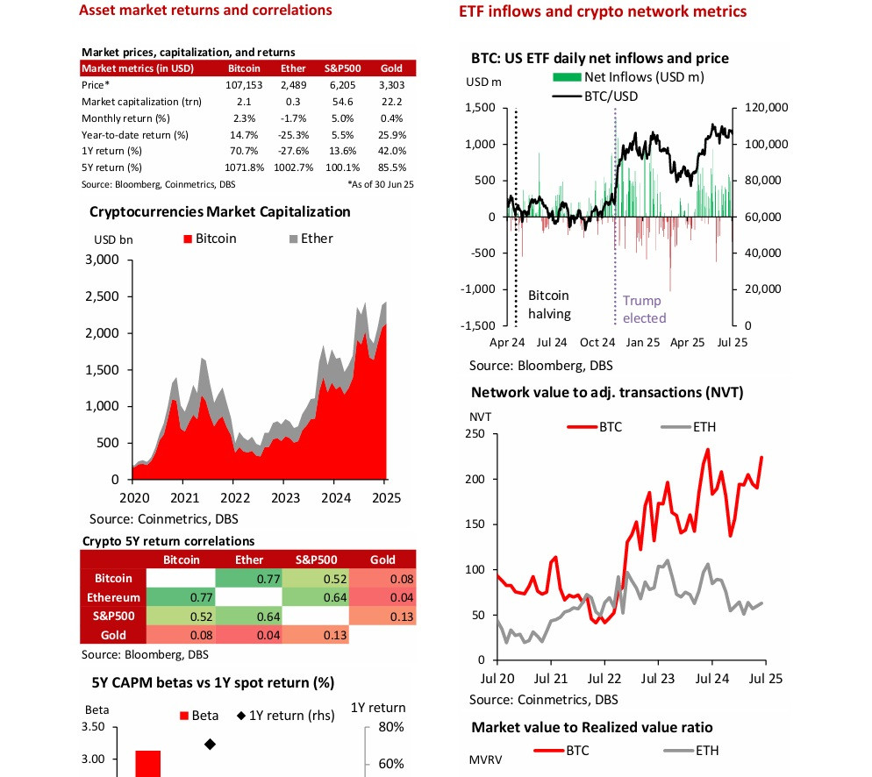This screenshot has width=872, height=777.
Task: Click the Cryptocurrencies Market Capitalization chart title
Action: click(220, 212)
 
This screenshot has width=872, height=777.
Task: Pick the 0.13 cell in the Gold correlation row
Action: click(311, 635)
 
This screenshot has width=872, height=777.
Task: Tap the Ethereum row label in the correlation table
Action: click(110, 597)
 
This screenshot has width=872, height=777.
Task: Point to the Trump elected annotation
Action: click(644, 310)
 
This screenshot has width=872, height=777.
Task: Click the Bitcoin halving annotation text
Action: click(549, 305)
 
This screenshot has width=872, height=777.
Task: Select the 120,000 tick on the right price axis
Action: click(767, 108)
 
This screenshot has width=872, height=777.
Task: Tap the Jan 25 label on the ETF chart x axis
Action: click(645, 343)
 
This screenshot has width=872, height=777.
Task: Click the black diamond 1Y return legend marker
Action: click(242, 715)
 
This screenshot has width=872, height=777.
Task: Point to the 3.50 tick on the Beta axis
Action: click(93, 727)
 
